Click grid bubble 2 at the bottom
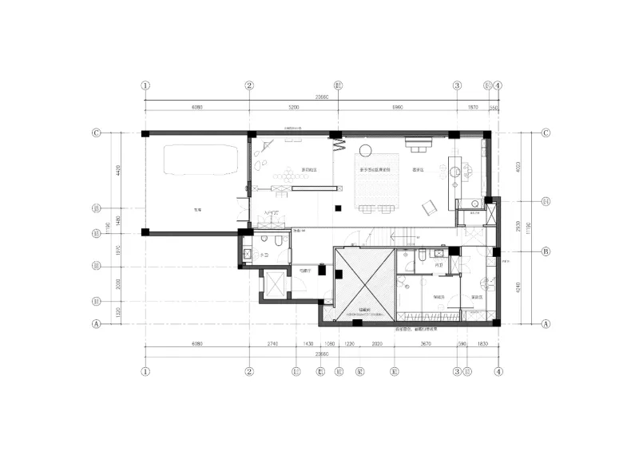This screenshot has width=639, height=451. coord(249,371)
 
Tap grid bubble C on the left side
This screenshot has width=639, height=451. coord(97,133)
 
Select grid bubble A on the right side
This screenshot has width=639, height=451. coord(546,324)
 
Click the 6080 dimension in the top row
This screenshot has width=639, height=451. coord(196,106)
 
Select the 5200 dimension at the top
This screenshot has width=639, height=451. coord(293,106)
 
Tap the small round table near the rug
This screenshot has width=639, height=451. coord(367,149)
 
